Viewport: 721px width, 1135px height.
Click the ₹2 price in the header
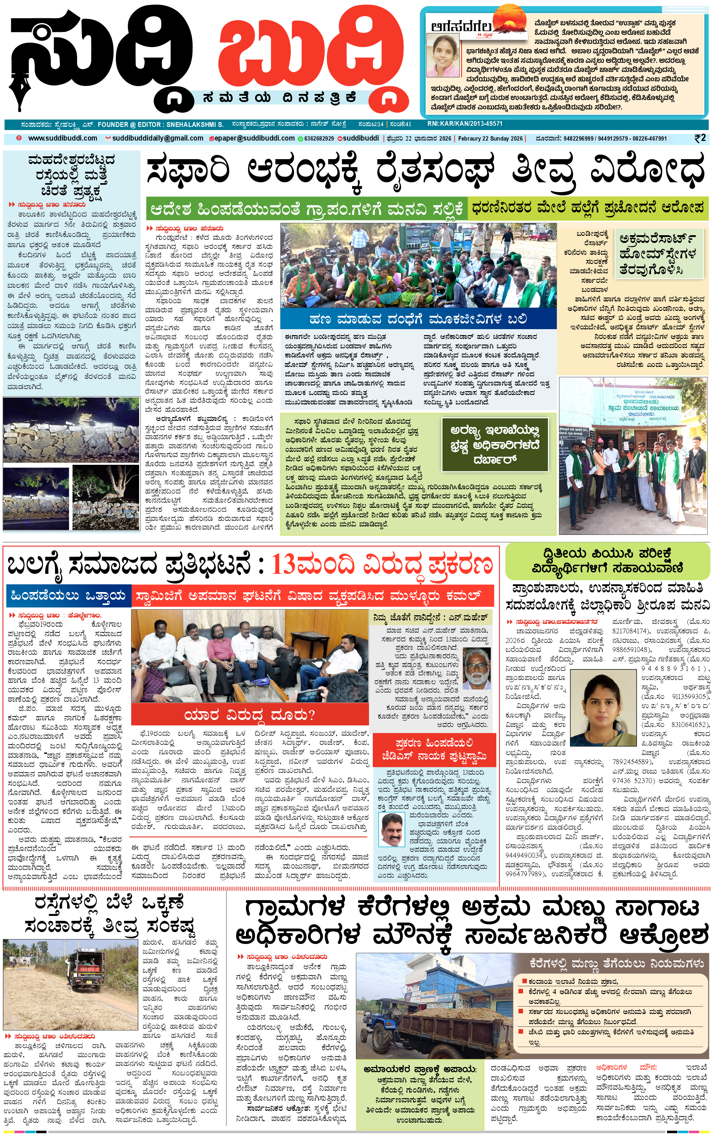700,138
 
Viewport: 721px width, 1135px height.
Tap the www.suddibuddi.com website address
63,138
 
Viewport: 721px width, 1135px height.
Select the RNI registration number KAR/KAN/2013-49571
465,124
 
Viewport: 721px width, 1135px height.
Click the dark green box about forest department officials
495,444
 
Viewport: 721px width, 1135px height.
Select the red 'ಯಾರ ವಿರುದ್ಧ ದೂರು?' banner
249,715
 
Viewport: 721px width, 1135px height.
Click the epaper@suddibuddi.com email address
254,138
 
